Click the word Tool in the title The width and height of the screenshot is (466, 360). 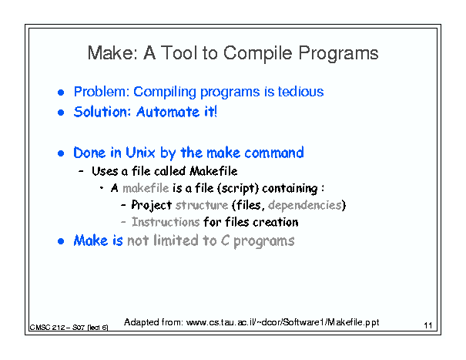tap(179, 53)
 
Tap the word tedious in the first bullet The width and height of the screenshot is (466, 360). tap(300, 92)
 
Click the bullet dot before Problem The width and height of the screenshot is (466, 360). tap(61, 93)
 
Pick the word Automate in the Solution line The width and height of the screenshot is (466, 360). tap(168, 113)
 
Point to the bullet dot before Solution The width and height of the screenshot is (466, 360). tap(61, 113)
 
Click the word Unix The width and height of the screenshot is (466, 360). tap(140, 153)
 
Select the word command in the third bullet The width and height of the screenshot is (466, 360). tap(274, 153)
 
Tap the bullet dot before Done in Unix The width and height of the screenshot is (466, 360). tap(61, 153)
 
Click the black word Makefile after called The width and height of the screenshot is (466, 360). tap(213, 171)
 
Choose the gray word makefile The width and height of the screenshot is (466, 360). tap(146, 188)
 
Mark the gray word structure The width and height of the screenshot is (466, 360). tap(202, 205)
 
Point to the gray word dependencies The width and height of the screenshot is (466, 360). tap(305, 206)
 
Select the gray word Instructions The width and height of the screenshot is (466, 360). tap(166, 222)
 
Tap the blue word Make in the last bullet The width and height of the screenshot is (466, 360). tap(91, 241)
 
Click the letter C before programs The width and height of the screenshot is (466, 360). tap(225, 241)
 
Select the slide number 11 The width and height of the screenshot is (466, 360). tap(428, 325)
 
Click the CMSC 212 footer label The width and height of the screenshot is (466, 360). tap(69, 328)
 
